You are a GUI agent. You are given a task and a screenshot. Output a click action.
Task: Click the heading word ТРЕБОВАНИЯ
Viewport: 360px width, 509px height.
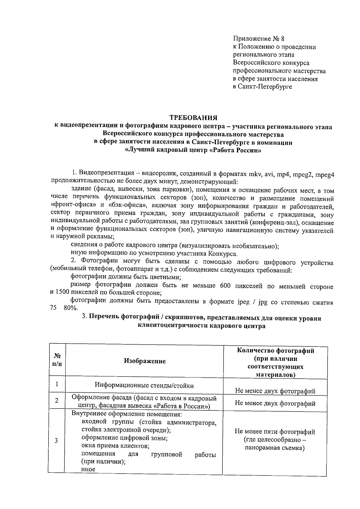[x=193, y=117]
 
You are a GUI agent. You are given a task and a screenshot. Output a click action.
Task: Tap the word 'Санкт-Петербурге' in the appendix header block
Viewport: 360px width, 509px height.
[x=267, y=87]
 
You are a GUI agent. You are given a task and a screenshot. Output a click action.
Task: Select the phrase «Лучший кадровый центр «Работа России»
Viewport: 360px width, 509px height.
[x=193, y=150]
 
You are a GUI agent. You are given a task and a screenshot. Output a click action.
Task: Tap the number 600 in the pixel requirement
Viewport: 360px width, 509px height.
[x=225, y=286]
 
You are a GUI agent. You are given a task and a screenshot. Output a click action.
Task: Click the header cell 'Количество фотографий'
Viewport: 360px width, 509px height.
[x=275, y=351]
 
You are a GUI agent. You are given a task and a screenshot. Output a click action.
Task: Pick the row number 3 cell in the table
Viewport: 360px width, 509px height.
[x=56, y=441]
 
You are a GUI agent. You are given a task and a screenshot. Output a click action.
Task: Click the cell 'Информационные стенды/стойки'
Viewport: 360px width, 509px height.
[x=144, y=385]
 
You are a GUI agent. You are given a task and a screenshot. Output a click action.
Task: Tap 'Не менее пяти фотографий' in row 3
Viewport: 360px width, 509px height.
[x=275, y=432]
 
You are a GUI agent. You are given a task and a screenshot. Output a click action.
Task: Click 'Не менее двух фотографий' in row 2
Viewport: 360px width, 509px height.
[x=275, y=403]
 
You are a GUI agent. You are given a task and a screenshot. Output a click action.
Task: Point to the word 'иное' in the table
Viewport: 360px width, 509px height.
[x=88, y=469]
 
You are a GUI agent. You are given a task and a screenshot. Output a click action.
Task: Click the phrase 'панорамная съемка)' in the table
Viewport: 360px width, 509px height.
[x=274, y=448]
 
